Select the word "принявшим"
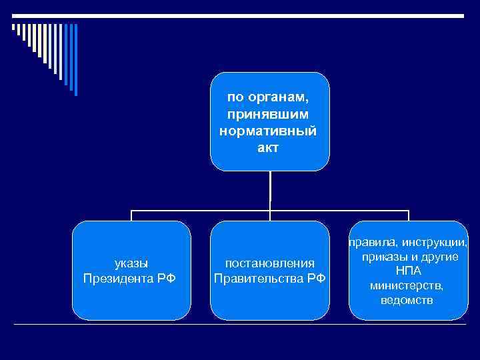269,114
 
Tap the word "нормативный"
269,131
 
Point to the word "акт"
269,147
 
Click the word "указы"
132,263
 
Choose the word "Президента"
120,277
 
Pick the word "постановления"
270,263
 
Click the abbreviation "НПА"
408,271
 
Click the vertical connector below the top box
270,190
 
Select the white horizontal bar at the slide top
240,15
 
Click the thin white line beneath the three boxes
240,325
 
